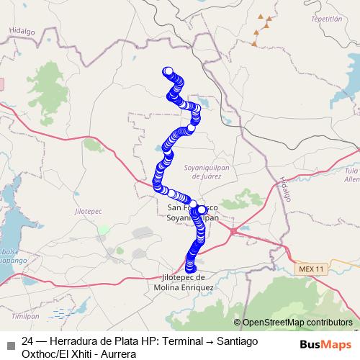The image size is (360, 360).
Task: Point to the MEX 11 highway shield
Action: click(311, 269)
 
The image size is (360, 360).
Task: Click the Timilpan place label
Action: click(24, 315)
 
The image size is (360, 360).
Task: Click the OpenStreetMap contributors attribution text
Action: click(297, 323)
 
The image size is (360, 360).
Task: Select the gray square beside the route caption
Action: click(10, 343)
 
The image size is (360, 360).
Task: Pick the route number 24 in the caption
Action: click(28, 342)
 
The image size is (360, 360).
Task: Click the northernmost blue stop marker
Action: click(168, 71)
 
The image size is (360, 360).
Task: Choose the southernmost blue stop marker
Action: click(191, 269)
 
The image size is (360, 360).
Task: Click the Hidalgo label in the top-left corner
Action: click(22, 32)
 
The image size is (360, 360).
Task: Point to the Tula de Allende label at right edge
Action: click(352, 174)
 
